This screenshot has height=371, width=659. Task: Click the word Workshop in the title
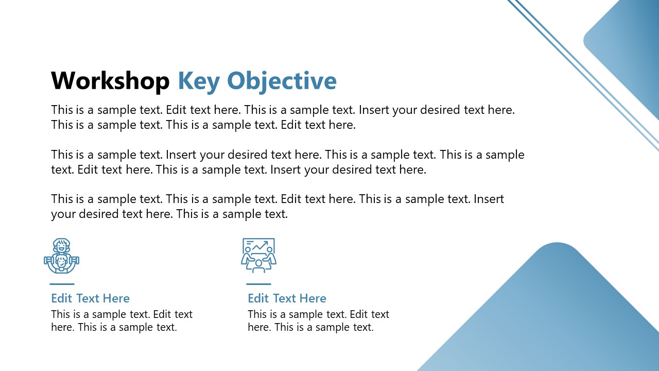(x=110, y=81)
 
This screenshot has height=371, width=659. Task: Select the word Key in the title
(x=199, y=81)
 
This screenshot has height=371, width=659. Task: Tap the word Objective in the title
(x=282, y=81)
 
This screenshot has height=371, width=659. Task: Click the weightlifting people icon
(x=62, y=256)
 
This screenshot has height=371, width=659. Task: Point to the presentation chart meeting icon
(x=258, y=256)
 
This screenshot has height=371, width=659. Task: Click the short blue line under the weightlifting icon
(x=62, y=284)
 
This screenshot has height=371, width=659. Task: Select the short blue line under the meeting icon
(x=258, y=284)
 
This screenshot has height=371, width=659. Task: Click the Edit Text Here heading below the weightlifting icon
(x=90, y=298)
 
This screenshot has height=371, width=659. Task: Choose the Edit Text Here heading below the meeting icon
(x=287, y=298)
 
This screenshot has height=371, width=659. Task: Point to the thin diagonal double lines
(x=582, y=72)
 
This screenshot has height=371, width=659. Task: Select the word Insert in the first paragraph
(x=374, y=110)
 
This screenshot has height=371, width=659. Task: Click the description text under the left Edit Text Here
(x=122, y=321)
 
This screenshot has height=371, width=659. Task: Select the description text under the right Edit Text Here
(x=318, y=321)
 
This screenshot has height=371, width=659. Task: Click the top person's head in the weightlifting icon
(x=62, y=244)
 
